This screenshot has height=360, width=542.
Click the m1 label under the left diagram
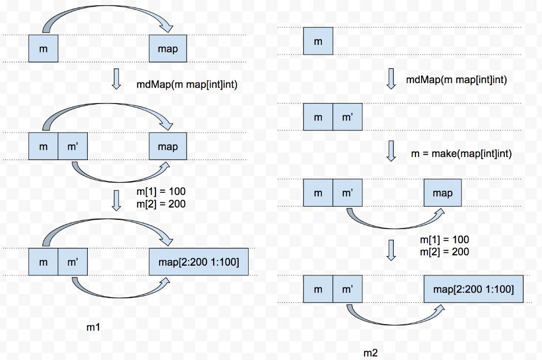coord(93,327)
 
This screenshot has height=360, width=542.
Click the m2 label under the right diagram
coord(371,353)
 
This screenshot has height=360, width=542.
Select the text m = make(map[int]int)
coord(461,153)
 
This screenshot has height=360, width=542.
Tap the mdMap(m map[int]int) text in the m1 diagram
coord(187,84)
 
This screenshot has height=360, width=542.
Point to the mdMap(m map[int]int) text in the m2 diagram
coord(456,80)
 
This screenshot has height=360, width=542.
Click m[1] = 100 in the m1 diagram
coord(161,191)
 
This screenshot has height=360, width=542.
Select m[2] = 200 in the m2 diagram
coord(445,252)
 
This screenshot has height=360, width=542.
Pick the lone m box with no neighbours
coord(318,41)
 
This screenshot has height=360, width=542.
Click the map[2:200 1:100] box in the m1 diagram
coord(199,262)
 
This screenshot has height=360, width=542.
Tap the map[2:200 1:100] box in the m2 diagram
coord(474,289)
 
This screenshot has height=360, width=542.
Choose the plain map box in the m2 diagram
coord(443,193)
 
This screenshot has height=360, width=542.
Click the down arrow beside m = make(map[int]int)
coord(391,151)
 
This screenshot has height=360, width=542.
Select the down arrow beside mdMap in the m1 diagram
coord(116,79)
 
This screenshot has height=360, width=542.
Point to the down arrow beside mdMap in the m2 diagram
coord(391,79)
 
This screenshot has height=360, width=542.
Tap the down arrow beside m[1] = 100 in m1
coord(116,200)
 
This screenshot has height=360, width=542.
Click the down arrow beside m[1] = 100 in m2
coord(391,250)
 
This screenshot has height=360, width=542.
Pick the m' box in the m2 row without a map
coord(347,117)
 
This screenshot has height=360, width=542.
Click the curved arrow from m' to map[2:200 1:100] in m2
coord(394,324)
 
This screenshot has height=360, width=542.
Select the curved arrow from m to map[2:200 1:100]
coord(107,220)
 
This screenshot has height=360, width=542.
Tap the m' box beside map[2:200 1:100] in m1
coord(72,262)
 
